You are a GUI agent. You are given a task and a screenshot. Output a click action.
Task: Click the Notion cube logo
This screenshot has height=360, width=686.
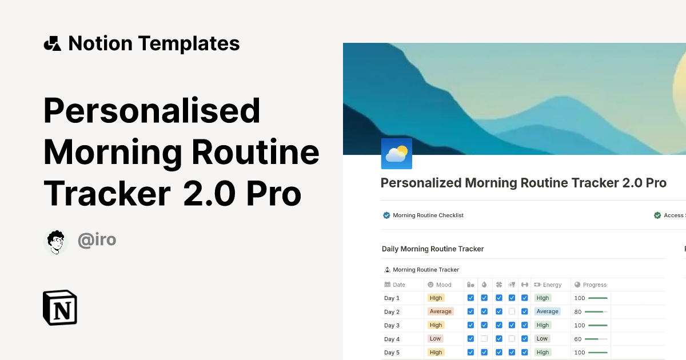coord(60,308)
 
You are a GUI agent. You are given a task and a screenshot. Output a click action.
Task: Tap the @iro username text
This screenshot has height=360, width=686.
coord(97,240)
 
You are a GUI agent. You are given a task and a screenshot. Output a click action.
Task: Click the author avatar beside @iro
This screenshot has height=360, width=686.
coord(55,242)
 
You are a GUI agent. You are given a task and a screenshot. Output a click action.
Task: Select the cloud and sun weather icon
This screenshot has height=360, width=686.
coord(396,154)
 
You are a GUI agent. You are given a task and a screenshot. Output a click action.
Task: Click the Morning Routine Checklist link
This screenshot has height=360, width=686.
coord(428,215)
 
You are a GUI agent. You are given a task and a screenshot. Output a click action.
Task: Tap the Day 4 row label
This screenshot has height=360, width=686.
coord(392,339)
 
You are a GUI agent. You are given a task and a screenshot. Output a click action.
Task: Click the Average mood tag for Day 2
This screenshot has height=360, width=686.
coord(440,311)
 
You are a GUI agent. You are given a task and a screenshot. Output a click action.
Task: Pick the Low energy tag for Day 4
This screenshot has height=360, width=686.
coord(542,339)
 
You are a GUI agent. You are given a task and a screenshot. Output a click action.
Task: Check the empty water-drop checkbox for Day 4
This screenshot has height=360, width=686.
coord(484,339)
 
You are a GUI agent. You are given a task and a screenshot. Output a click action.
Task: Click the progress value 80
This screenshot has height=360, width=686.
coord(578,312)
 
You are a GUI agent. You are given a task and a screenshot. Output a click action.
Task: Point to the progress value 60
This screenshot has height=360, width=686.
coord(578,339)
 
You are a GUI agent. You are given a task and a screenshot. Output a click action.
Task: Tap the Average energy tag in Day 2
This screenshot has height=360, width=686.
coord(547,311)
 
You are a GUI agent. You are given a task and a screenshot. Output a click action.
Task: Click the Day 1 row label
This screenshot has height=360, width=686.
coord(392,298)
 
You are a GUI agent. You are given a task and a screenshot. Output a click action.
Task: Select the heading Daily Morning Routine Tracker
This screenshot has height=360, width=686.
coord(433,249)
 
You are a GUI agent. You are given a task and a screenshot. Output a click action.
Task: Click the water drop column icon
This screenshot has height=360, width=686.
coord(484,285)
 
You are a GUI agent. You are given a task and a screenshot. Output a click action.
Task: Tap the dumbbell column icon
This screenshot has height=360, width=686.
coord(524,285)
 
